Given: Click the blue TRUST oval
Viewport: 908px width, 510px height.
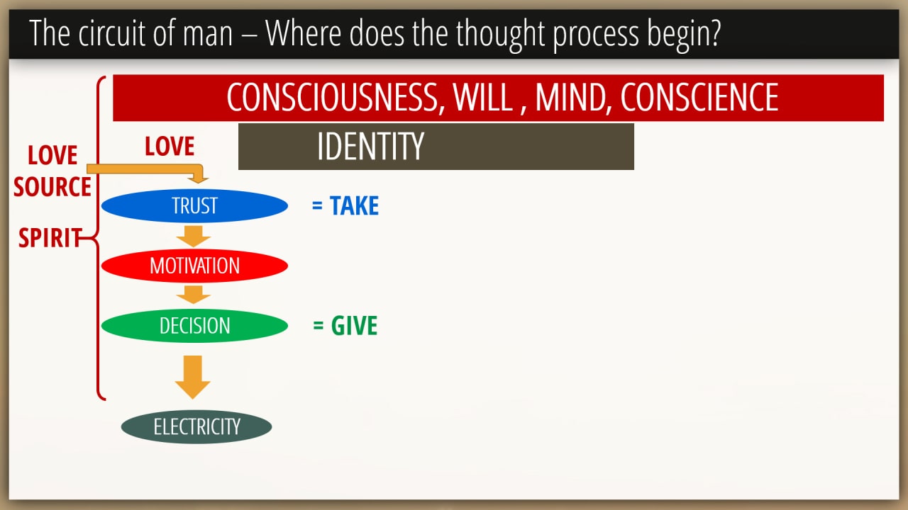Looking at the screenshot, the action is (194, 205).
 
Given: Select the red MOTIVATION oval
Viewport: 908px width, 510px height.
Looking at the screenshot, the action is (194, 266).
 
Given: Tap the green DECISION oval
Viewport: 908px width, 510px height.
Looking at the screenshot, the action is (194, 326).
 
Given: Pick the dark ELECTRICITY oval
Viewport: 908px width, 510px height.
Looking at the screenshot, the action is (196, 426).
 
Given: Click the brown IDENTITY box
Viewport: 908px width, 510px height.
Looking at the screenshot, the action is (436, 147).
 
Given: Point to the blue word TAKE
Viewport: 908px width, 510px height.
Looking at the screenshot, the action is (354, 205).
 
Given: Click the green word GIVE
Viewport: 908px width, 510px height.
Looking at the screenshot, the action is (354, 325).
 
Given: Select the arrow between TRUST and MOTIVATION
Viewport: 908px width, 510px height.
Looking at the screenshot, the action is (194, 237).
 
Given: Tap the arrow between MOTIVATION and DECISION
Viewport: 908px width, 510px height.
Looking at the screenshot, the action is (194, 295).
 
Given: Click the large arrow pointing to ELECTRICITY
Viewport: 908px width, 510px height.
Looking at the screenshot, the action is (192, 378).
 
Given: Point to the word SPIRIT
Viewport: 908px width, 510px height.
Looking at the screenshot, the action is (50, 237).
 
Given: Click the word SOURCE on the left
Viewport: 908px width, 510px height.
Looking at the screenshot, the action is (52, 186).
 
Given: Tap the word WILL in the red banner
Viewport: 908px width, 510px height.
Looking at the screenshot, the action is (483, 98).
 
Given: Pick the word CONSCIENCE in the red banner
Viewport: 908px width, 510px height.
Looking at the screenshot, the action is (699, 98).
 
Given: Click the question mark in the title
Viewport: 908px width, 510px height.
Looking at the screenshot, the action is (714, 33).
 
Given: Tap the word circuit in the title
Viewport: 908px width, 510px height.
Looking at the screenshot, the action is (111, 33).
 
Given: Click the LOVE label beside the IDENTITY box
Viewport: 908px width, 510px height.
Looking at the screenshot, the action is (170, 146).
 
